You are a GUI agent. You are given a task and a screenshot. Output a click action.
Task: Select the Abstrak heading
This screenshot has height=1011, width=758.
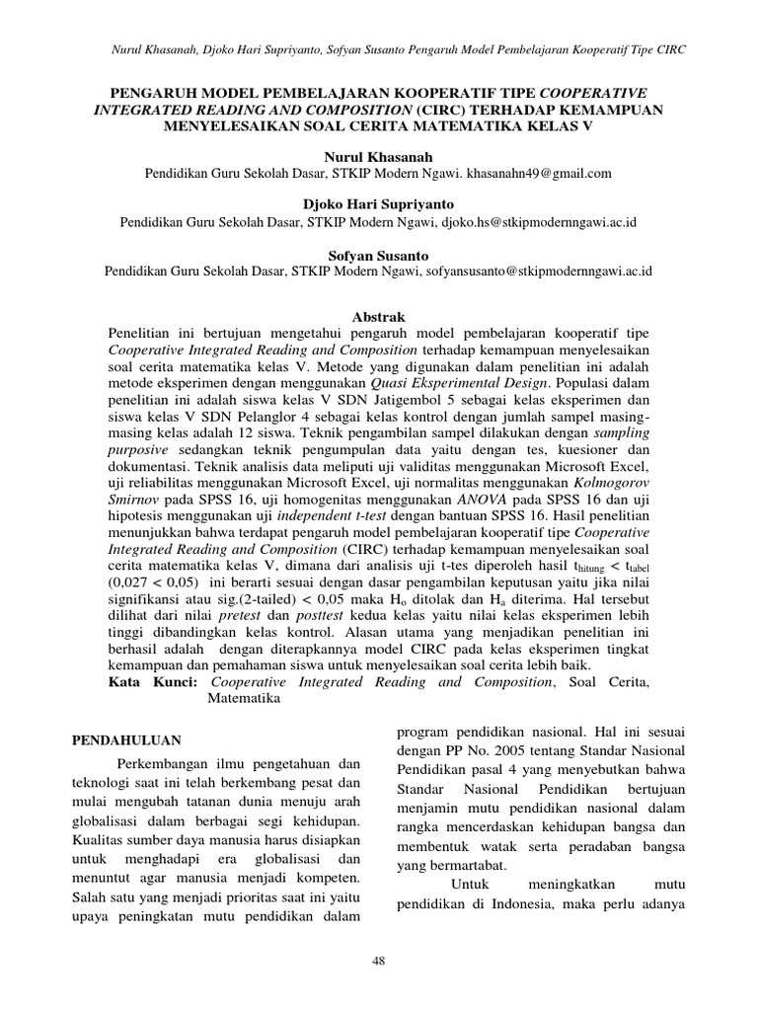(x=379, y=319)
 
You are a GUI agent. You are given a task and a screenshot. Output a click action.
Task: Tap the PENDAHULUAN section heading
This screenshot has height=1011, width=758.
(x=133, y=738)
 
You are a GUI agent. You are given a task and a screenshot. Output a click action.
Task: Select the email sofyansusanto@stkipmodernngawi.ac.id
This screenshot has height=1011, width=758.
(x=539, y=271)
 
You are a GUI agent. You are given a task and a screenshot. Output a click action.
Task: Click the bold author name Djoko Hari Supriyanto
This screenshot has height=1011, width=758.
(x=379, y=205)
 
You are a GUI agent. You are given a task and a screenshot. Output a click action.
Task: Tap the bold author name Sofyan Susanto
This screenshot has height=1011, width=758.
(x=379, y=254)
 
